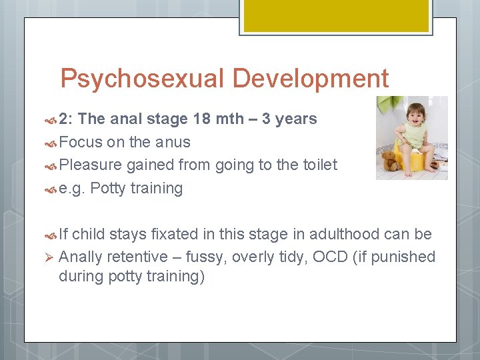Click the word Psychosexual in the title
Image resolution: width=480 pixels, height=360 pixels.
[x=142, y=79]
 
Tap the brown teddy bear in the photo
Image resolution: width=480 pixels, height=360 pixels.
[x=391, y=161]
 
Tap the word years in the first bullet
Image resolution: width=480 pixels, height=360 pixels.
[x=296, y=119]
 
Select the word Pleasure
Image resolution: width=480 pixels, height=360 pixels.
[x=90, y=165]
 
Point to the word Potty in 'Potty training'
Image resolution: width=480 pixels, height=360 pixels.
[x=107, y=189]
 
